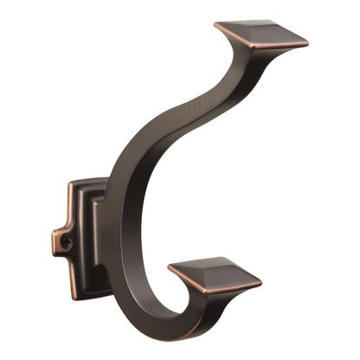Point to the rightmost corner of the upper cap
click(309, 39)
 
